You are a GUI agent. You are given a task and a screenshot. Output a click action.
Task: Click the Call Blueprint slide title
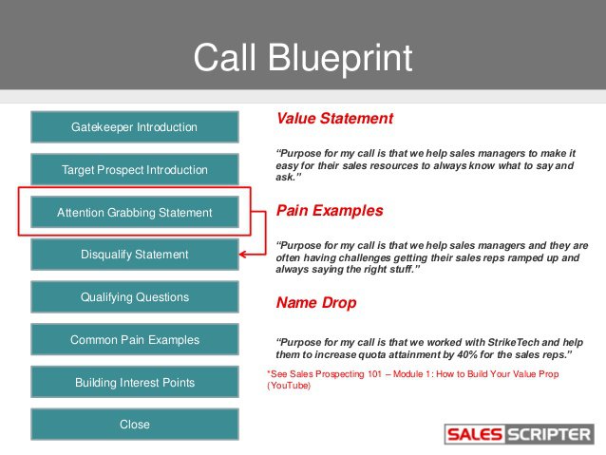tap(303, 57)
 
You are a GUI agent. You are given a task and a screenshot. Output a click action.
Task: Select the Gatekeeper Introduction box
tap(134, 126)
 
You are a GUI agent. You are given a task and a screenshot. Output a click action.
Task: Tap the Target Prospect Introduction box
tap(134, 170)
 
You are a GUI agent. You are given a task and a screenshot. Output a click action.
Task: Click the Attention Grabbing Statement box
tap(134, 212)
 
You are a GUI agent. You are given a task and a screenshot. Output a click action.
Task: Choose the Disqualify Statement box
tap(134, 255)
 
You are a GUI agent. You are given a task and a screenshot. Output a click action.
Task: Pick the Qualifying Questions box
tap(134, 297)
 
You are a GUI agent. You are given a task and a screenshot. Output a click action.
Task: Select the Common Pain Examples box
tap(134, 339)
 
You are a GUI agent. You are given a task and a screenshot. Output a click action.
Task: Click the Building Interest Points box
tap(134, 382)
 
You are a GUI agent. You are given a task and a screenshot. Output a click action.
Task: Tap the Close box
tap(134, 425)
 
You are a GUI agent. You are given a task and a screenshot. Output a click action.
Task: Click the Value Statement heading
tap(333, 119)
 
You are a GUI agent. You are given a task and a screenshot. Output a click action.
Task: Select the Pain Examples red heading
tap(330, 211)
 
